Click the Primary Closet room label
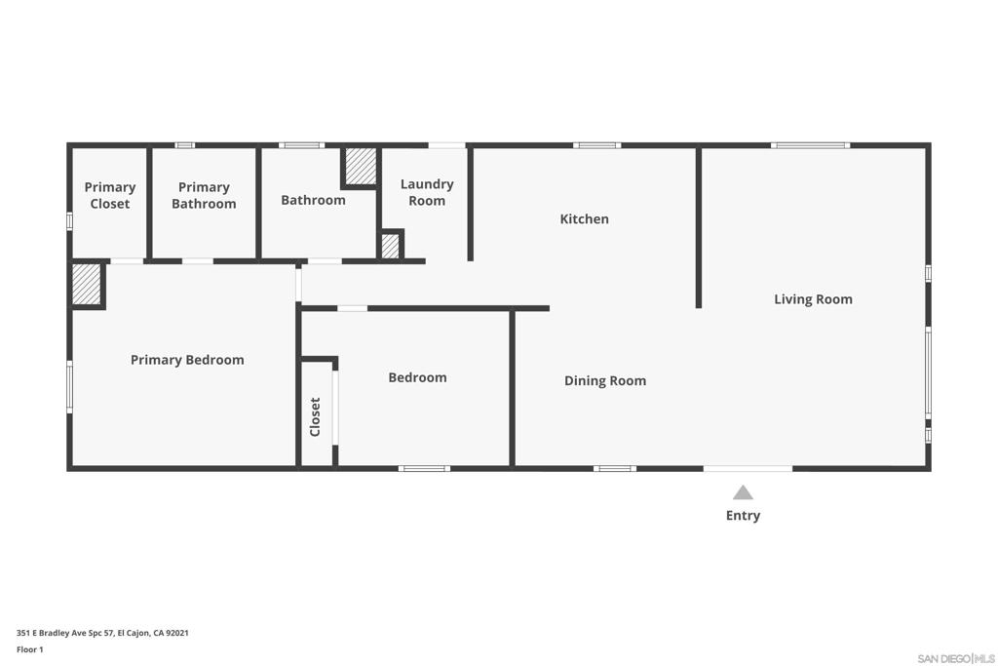109,195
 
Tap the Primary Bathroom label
204,195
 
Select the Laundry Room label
427,192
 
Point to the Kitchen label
584,219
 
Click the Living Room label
813,299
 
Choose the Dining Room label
605,381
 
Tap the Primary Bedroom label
187,360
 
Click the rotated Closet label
315,416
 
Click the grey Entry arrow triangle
743,492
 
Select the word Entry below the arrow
743,516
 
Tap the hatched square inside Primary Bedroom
87,284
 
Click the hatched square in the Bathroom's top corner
360,166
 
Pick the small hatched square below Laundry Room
390,245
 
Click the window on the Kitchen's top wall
596,145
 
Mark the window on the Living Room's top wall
810,145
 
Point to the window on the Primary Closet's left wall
69,221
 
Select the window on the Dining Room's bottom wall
615,469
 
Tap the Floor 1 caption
30,649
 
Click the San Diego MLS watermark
955,658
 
